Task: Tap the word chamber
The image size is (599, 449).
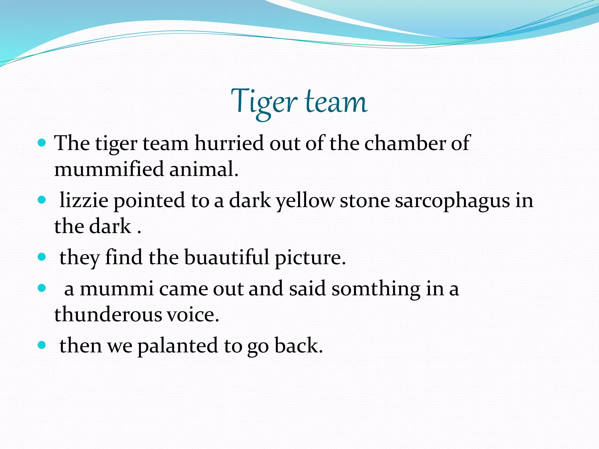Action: (405, 143)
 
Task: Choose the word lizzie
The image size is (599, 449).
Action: (84, 201)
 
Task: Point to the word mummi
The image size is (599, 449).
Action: (117, 289)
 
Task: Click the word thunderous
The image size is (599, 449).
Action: (108, 315)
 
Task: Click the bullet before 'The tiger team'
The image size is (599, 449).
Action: (42, 143)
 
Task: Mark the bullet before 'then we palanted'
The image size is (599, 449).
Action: (42, 345)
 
